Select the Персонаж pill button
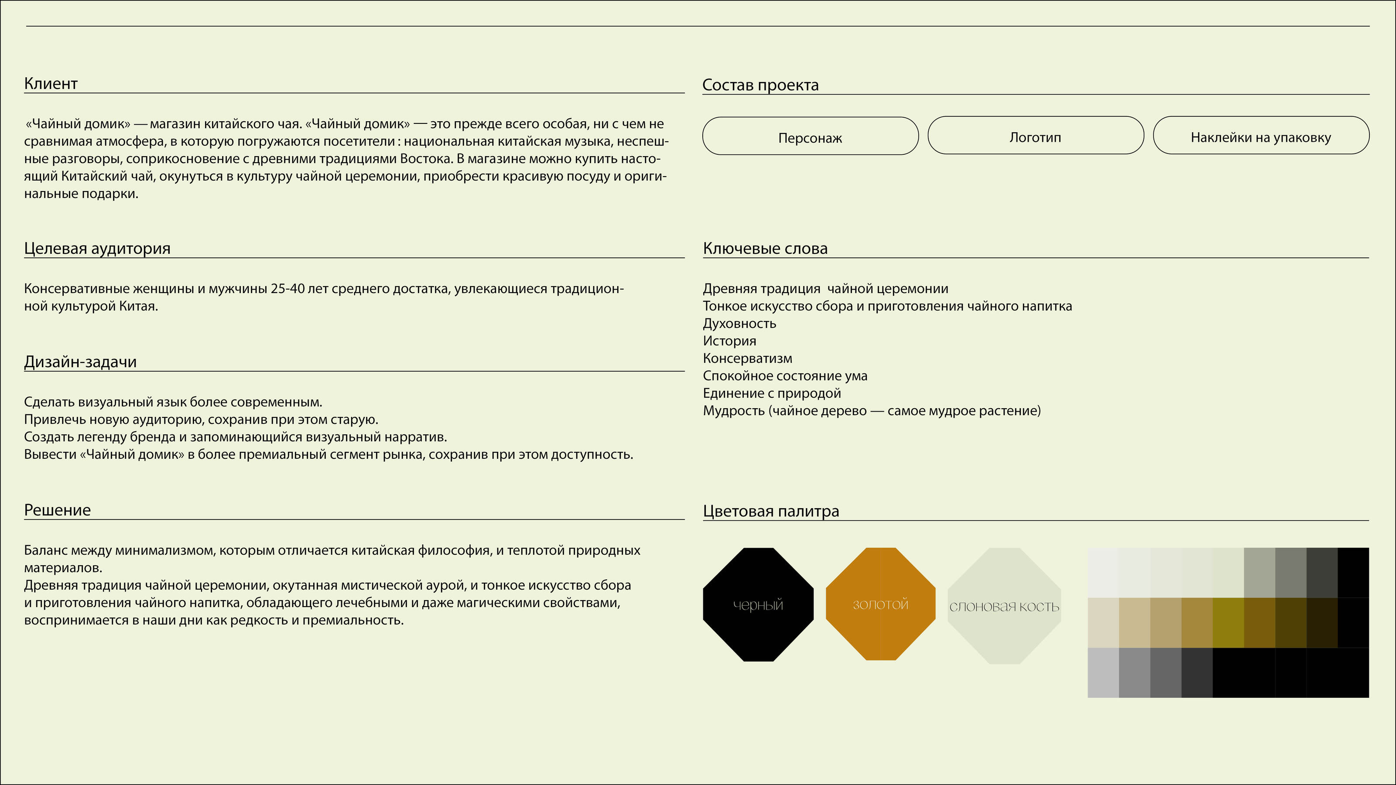[x=810, y=138]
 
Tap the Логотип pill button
[x=1035, y=137]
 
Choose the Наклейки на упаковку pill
[x=1260, y=137]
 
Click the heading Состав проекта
[x=760, y=85]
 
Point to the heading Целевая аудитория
[x=97, y=249]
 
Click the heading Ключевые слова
[x=765, y=249]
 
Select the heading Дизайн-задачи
[x=80, y=362]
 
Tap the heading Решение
[x=58, y=510]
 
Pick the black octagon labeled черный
[x=758, y=604]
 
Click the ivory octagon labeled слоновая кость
[x=1004, y=606]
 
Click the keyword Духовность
[x=739, y=324]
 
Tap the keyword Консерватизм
[x=747, y=358]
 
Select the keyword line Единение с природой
[x=772, y=393]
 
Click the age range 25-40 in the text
[x=287, y=289]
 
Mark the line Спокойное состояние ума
[x=785, y=376]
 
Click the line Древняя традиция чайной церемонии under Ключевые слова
[x=825, y=289]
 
